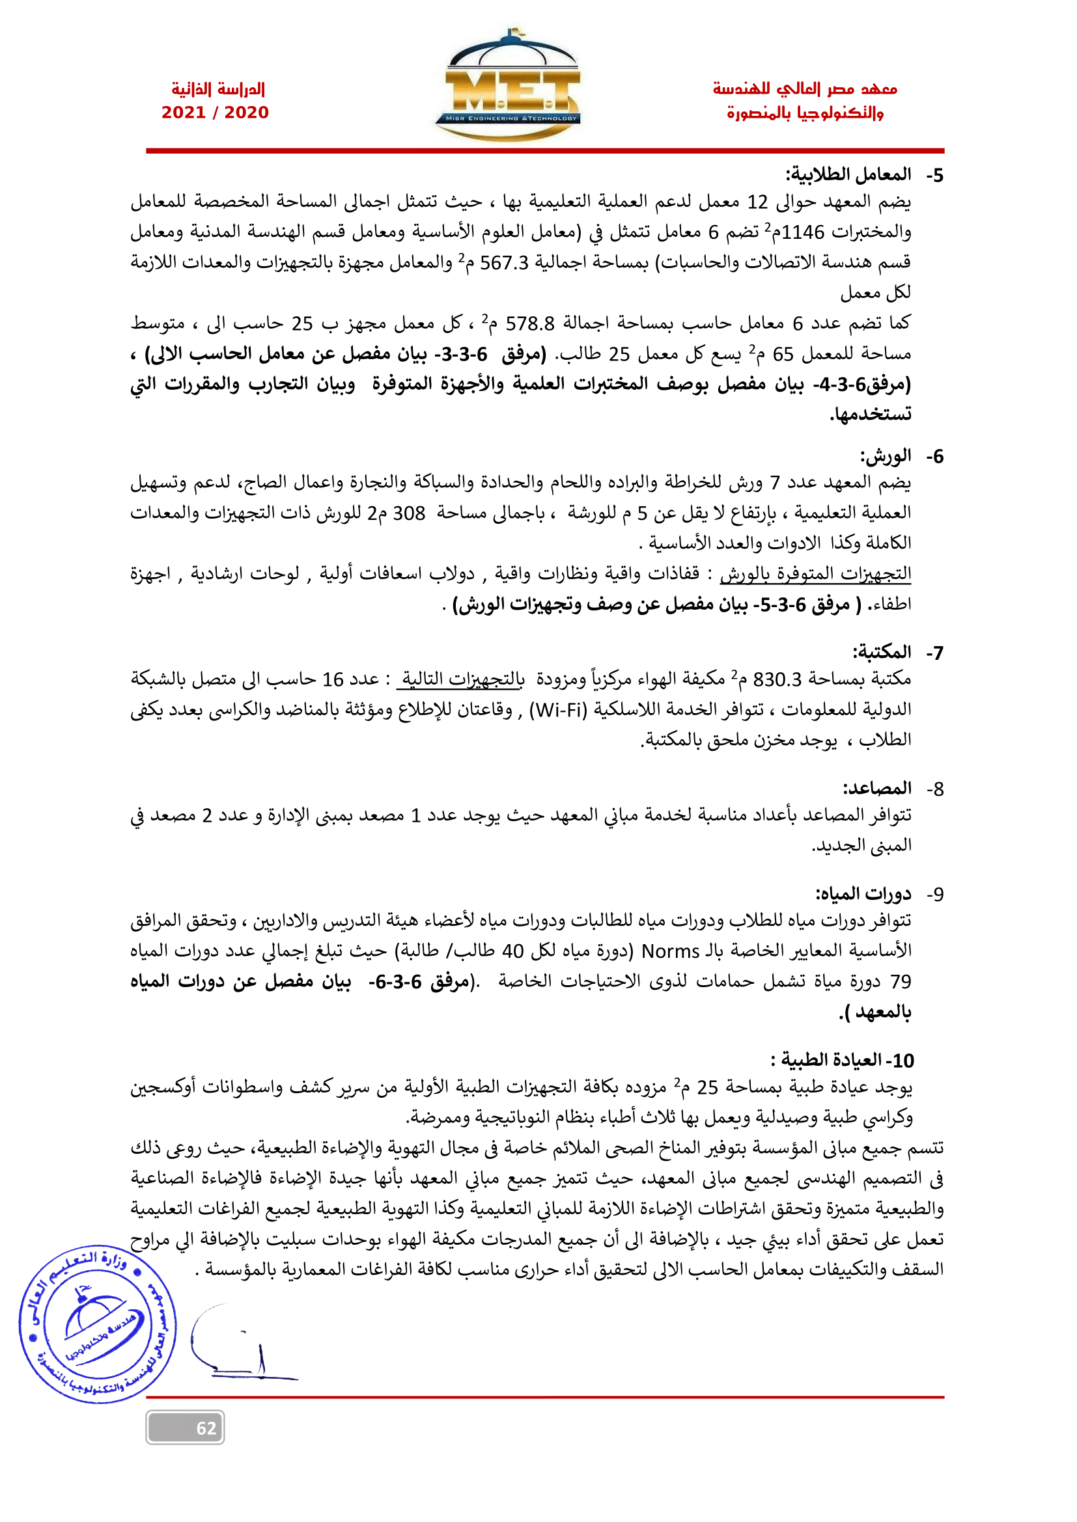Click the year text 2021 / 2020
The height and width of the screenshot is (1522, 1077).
pyautogui.click(x=215, y=113)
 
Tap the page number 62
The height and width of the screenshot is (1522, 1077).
pyautogui.click(x=206, y=1428)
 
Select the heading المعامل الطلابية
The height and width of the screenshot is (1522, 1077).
pyautogui.click(x=848, y=175)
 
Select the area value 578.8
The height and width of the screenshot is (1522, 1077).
pyautogui.click(x=530, y=324)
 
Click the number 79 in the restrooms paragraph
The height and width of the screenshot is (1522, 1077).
pyautogui.click(x=900, y=982)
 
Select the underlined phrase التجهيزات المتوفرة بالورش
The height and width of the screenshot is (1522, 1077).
pyautogui.click(x=815, y=573)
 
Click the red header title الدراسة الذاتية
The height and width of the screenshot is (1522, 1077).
pyautogui.click(x=217, y=89)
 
